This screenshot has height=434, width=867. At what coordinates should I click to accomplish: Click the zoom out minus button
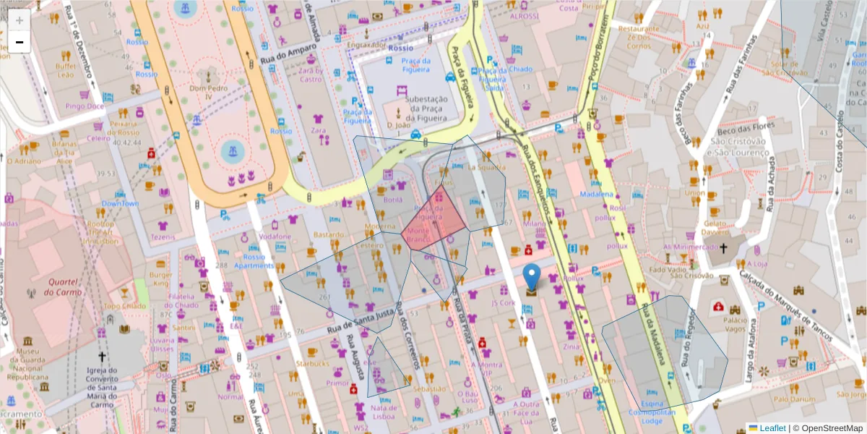point(20,42)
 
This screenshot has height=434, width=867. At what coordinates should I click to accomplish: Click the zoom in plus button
point(20,20)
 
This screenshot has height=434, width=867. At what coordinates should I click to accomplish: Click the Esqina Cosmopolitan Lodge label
point(652,412)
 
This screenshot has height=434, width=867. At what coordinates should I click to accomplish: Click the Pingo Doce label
point(85,106)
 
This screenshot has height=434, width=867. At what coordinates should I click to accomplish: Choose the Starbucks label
point(312,363)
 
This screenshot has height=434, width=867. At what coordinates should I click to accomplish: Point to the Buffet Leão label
point(65,70)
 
